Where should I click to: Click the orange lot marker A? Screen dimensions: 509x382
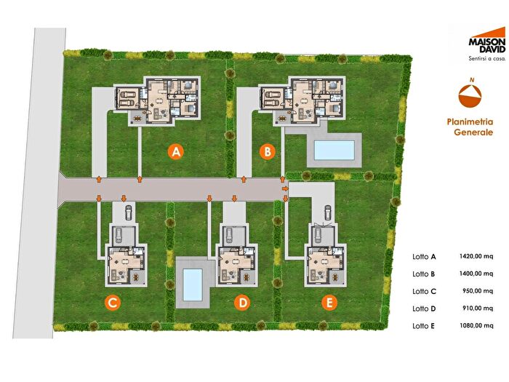pyautogui.click(x=176, y=151)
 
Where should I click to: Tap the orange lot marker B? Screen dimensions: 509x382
pyautogui.click(x=268, y=151)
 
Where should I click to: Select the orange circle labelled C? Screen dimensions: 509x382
pyautogui.click(x=112, y=303)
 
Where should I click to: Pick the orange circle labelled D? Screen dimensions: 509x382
pyautogui.click(x=242, y=303)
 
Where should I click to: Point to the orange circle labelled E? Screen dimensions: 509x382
pyautogui.click(x=329, y=303)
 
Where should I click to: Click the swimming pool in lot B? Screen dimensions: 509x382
pyautogui.click(x=334, y=150)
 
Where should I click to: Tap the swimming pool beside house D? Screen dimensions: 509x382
pyautogui.click(x=193, y=285)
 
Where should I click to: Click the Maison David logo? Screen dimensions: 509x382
pyautogui.click(x=487, y=40)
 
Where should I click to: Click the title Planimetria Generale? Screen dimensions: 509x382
pyautogui.click(x=470, y=127)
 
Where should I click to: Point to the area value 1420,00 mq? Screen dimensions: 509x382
pyautogui.click(x=476, y=256)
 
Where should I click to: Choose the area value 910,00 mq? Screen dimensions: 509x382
pyautogui.click(x=478, y=309)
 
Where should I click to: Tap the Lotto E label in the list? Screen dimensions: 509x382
pyautogui.click(x=423, y=326)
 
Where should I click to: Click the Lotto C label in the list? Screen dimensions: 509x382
pyautogui.click(x=424, y=291)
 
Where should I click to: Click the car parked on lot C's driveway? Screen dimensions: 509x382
pyautogui.click(x=129, y=212)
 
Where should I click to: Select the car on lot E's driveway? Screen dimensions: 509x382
pyautogui.click(x=328, y=212)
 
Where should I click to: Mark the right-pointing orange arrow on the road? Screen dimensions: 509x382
pyautogui.click(x=285, y=188)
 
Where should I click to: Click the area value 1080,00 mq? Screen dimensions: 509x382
pyautogui.click(x=476, y=325)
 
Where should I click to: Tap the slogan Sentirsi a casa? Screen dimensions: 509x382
pyautogui.click(x=487, y=59)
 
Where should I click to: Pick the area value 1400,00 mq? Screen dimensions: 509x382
pyautogui.click(x=476, y=274)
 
